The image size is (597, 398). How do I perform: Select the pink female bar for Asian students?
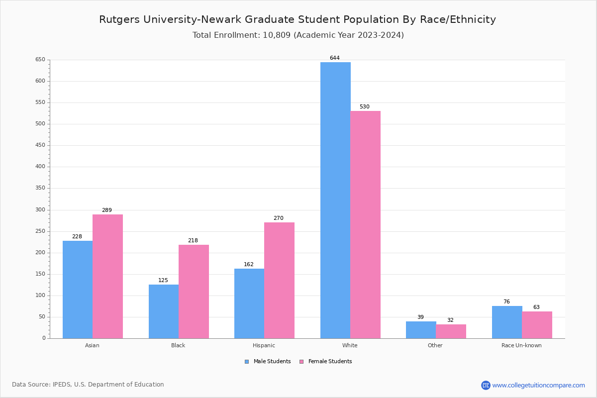[107, 276]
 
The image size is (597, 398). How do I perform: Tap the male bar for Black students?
[164, 311]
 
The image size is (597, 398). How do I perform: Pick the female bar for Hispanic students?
[279, 280]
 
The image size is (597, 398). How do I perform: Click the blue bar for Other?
[421, 330]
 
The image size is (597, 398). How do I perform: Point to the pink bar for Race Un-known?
[537, 325]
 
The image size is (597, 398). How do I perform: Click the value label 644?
[335, 58]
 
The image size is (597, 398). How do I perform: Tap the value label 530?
[365, 107]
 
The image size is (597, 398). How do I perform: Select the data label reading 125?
[163, 281]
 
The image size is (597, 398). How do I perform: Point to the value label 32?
[450, 320]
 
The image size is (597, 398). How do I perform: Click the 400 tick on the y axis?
[40, 167]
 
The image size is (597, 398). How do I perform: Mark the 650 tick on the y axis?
[40, 60]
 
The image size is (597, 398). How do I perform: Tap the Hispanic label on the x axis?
[264, 345]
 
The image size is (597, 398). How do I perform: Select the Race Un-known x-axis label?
[521, 345]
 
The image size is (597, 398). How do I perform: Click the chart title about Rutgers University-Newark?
[298, 19]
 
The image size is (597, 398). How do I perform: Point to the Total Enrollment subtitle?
[298, 35]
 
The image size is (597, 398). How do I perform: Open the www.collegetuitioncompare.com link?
[538, 385]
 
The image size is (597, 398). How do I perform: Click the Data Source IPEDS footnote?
[88, 385]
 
